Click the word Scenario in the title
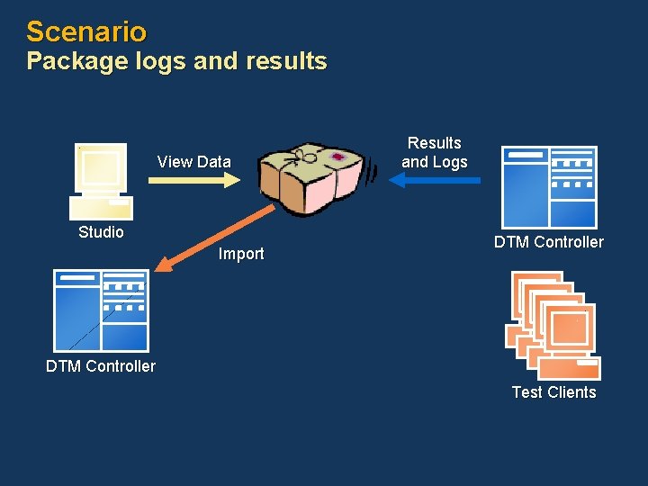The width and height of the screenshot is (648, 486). (x=86, y=32)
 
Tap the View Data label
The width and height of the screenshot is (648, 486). (x=193, y=162)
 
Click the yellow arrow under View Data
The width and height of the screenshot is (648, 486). (x=193, y=180)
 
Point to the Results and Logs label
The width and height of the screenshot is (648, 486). (x=435, y=152)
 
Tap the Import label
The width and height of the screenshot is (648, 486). (x=241, y=254)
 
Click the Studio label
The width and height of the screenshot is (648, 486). (x=101, y=232)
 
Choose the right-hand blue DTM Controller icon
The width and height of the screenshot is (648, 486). (x=549, y=186)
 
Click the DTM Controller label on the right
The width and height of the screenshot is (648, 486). (x=549, y=242)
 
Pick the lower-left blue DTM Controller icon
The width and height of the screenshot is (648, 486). (x=101, y=310)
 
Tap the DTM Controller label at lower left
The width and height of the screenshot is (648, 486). (x=101, y=366)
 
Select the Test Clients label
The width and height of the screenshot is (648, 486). (x=553, y=392)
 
